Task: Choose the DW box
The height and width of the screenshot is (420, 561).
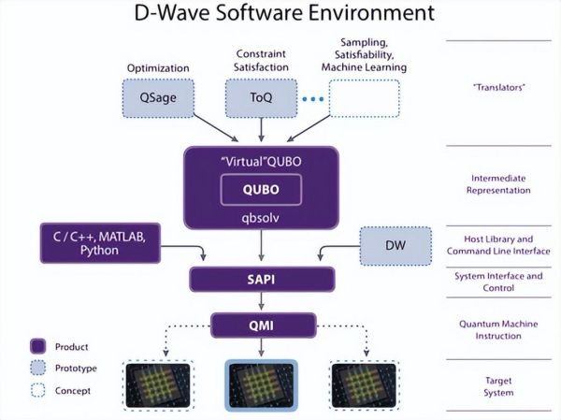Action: (x=396, y=245)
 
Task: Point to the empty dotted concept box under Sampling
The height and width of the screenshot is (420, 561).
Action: (x=364, y=97)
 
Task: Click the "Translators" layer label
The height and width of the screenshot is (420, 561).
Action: (x=502, y=88)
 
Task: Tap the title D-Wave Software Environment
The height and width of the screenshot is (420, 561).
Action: (x=280, y=14)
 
